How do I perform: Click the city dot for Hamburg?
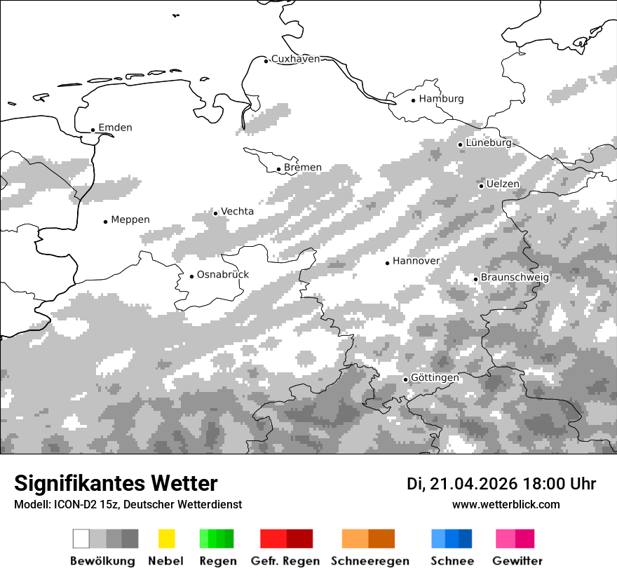click(413, 100)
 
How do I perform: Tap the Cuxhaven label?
click(295, 59)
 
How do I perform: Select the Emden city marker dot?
click(93, 130)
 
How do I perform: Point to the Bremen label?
click(303, 168)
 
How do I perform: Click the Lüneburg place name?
click(489, 142)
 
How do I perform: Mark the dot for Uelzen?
click(481, 186)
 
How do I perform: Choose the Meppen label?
click(130, 219)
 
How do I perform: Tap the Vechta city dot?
click(215, 212)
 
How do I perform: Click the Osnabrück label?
click(223, 275)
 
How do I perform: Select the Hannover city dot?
click(387, 263)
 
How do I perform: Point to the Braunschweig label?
click(515, 277)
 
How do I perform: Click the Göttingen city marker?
click(405, 379)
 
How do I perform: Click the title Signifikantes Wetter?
click(116, 483)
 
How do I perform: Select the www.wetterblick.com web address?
click(506, 504)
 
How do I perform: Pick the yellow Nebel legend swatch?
click(166, 539)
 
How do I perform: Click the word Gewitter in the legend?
click(517, 561)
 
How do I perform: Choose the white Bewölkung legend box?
click(81, 539)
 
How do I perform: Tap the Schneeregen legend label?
click(369, 561)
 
